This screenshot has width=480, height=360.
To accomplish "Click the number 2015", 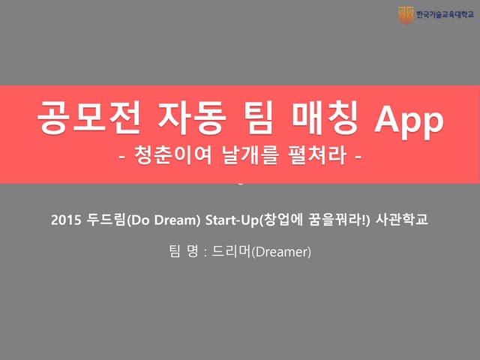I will click(64, 221).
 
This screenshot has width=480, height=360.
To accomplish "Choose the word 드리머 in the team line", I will click(226, 252).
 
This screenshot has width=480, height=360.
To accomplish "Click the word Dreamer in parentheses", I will click(280, 252).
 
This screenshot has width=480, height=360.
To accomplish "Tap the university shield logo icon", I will click(406, 13).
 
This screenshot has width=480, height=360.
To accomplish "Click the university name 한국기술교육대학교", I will click(445, 13).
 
